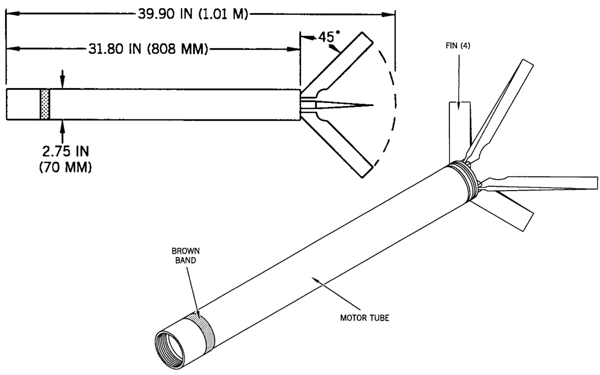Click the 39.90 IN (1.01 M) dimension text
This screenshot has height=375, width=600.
(x=193, y=14)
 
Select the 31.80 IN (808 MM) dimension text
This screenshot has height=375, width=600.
(x=148, y=49)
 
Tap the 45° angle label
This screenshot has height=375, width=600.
(x=328, y=36)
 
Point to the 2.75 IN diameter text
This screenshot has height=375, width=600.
(x=65, y=151)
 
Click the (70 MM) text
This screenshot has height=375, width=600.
(x=65, y=167)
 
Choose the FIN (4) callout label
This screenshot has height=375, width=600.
(x=458, y=46)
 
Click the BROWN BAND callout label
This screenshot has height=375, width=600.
(x=185, y=255)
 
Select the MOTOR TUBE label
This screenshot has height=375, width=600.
(x=364, y=318)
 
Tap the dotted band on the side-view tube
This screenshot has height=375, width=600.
(x=45, y=104)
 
